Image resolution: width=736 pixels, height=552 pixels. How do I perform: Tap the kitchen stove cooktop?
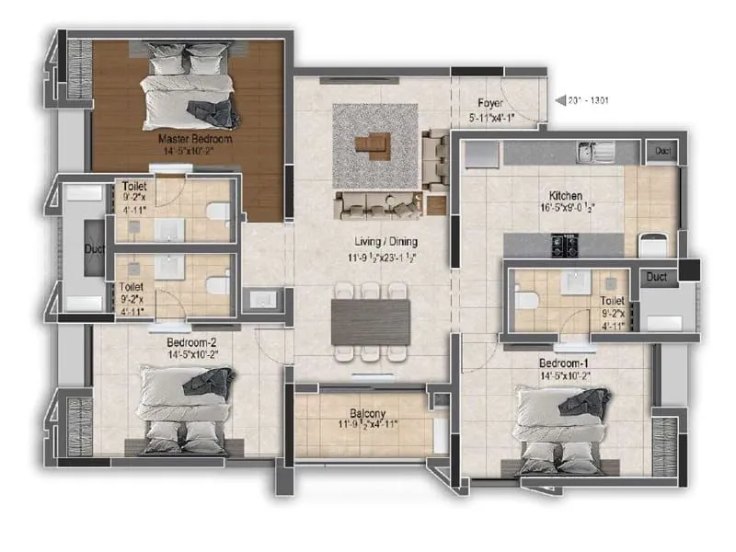[x=562, y=244]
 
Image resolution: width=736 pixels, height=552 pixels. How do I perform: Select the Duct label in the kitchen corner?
[x=660, y=151]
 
